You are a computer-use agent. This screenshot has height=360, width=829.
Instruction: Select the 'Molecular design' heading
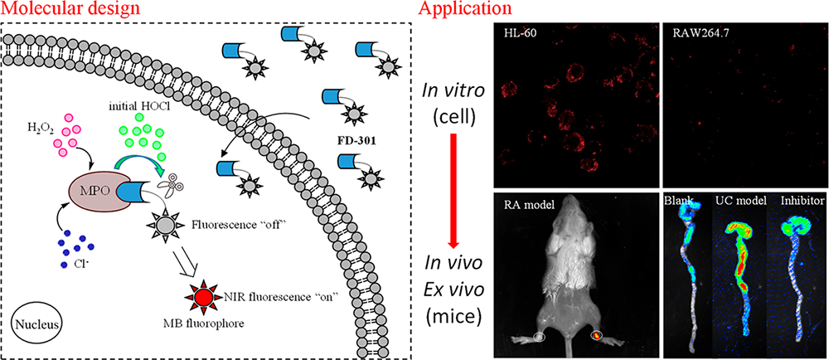(61, 10)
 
